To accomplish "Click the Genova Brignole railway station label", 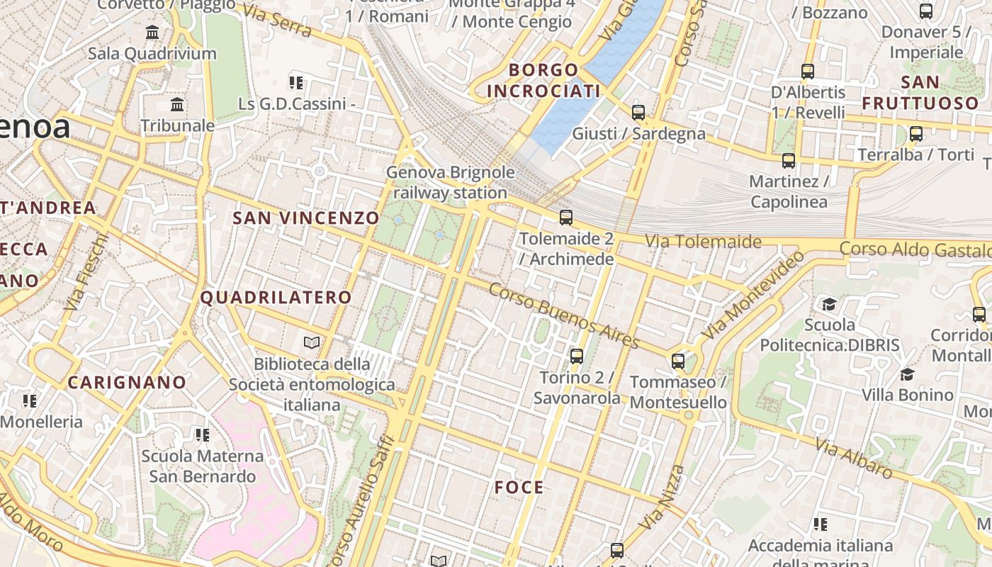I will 450,182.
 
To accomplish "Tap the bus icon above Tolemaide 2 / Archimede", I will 565,218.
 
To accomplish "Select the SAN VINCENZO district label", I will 306,218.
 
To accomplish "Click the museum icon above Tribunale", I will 177,106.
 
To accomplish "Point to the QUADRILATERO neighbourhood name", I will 276,298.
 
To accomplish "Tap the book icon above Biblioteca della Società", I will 312,344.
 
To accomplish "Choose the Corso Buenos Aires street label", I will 564,315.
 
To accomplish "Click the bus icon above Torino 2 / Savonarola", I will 577,356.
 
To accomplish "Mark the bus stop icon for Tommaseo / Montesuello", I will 678,361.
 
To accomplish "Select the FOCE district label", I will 519,488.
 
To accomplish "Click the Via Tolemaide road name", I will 703,242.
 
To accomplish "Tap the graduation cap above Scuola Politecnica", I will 829,305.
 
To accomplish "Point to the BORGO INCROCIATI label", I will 543,80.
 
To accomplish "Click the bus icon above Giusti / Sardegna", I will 638,112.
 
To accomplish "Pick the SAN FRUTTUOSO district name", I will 920,93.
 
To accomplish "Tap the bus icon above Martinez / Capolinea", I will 789,161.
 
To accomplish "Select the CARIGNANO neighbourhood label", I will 127,383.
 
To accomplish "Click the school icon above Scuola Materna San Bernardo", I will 203,434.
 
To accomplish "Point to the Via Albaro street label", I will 853,458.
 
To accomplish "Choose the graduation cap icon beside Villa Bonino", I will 907,374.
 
